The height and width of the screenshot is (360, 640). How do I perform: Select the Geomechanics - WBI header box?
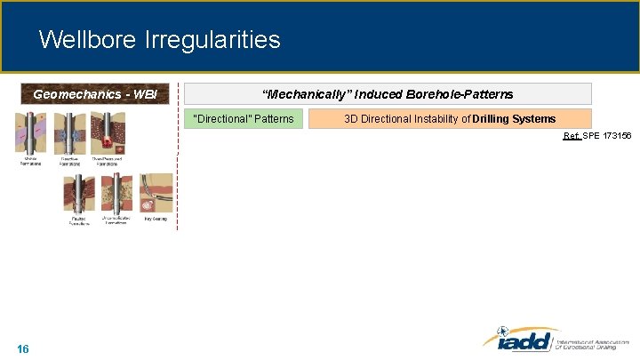click(96, 94)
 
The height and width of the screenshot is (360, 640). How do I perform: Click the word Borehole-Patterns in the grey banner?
click(459, 94)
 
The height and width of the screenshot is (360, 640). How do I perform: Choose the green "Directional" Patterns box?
click(244, 118)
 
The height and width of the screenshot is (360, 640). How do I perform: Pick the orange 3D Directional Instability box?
click(449, 118)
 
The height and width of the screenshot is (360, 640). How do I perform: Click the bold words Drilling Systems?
click(515, 118)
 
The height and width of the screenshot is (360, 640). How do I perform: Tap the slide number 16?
click(23, 348)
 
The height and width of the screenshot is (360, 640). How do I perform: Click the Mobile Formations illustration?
click(30, 132)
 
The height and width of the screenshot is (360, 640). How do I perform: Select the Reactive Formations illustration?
click(69, 132)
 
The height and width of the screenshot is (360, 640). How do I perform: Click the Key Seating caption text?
click(156, 218)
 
